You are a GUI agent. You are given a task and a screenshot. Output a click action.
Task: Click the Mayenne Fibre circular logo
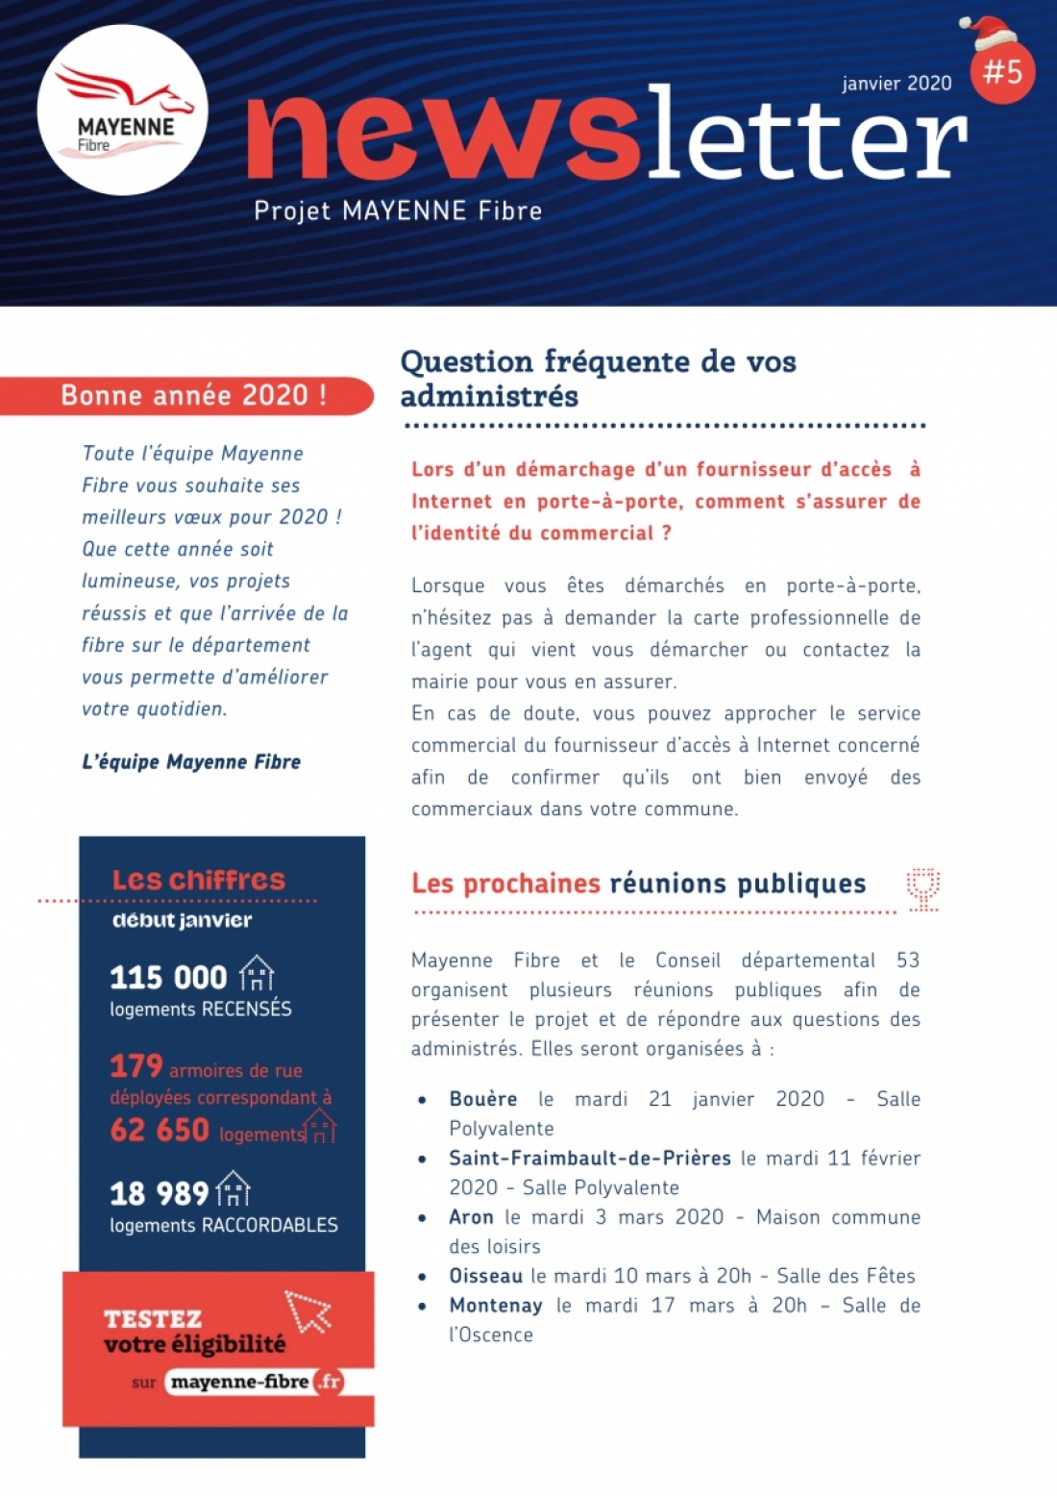click(x=123, y=110)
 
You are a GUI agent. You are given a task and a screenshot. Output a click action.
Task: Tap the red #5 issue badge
click(x=1003, y=71)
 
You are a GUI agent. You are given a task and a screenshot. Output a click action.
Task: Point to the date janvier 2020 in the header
click(x=897, y=84)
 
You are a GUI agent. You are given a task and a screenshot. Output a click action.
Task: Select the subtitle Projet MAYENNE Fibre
click(x=398, y=211)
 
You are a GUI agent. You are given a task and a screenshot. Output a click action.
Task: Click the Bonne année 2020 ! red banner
click(x=192, y=395)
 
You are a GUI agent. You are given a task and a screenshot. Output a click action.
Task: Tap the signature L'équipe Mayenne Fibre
click(x=191, y=761)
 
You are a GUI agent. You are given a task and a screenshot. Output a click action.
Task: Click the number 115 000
click(x=168, y=977)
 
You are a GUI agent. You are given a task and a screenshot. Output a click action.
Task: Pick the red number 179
click(x=136, y=1065)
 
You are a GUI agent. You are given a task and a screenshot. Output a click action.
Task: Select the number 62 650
click(x=160, y=1129)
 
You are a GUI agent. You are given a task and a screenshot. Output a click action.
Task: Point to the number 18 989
click(x=159, y=1193)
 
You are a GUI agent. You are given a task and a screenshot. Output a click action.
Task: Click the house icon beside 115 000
click(x=257, y=973)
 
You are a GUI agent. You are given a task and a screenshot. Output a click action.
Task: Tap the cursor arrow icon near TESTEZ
click(x=307, y=1311)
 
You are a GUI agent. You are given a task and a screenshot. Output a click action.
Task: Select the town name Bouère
click(x=483, y=1099)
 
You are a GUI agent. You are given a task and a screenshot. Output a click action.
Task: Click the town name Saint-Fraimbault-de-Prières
click(x=590, y=1158)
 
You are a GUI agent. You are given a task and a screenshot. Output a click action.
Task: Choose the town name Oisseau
click(x=486, y=1276)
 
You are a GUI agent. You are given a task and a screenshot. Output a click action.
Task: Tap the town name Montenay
click(x=496, y=1306)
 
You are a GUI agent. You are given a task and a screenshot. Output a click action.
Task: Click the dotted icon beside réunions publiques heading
click(x=923, y=888)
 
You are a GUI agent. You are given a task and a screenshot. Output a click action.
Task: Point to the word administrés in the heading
click(x=489, y=396)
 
